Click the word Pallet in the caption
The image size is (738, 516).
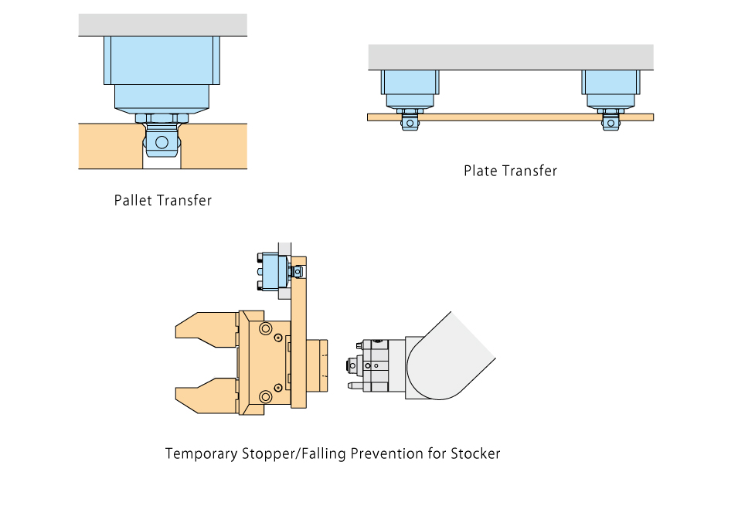point(133,200)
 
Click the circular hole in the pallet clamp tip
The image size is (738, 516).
point(162,143)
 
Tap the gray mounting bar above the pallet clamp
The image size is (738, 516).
point(162,25)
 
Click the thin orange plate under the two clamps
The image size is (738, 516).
point(510,117)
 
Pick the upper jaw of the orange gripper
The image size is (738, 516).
point(205,329)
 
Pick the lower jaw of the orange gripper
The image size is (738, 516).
point(205,394)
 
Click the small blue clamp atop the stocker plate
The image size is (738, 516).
point(274,272)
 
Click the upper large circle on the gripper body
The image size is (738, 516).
point(267,330)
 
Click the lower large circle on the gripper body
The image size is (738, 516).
point(267,397)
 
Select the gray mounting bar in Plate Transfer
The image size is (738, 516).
point(510,57)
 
